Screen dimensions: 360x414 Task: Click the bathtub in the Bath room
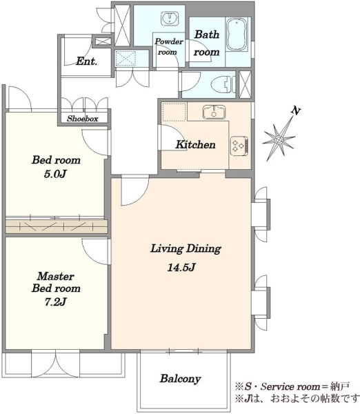point(237,34)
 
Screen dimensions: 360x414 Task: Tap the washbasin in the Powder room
point(169,19)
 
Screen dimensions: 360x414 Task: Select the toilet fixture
point(223,84)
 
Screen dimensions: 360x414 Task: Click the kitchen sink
point(214,112)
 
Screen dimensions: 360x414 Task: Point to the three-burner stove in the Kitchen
point(239,145)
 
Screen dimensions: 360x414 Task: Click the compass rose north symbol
point(280,138)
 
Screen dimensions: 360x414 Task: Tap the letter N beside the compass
point(296,110)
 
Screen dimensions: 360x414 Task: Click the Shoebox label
point(82,119)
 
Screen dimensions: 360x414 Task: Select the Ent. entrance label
point(87,61)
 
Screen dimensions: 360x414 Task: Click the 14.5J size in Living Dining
point(181,268)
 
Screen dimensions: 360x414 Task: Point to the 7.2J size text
point(55,302)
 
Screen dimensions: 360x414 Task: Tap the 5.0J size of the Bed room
point(55,174)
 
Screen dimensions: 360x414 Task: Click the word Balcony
point(181,379)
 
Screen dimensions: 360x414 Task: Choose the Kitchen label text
point(196,144)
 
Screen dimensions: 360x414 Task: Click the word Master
point(55,276)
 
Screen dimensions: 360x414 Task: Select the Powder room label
point(169,46)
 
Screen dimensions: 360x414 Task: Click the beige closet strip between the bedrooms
point(57,226)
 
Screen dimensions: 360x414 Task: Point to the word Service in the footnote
point(277,387)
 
